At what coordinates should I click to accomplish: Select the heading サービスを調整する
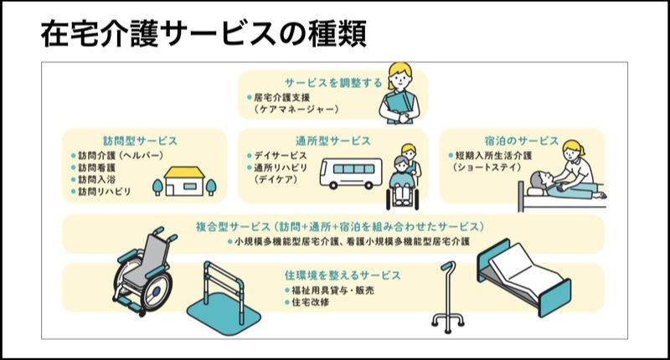(332, 83)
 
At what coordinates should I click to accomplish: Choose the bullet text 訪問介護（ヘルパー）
(120, 156)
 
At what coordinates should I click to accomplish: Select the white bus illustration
(352, 174)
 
